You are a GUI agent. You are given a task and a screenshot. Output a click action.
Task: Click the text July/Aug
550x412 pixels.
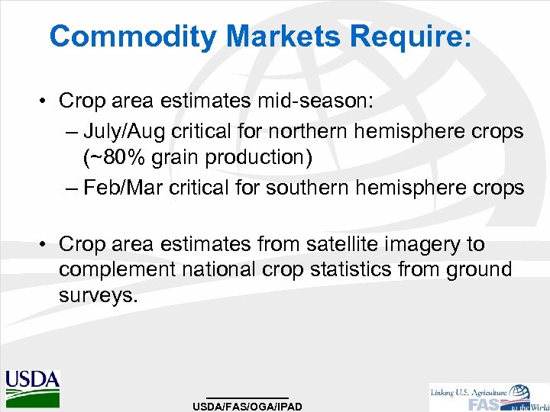tap(121, 131)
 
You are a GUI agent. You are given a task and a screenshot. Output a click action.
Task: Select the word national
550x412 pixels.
tap(222, 270)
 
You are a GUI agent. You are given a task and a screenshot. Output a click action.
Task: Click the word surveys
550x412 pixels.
tap(98, 296)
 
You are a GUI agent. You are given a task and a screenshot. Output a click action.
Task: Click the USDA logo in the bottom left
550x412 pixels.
tap(32, 388)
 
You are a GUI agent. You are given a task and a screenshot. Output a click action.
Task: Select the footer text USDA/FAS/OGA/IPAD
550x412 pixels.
tap(247, 406)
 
